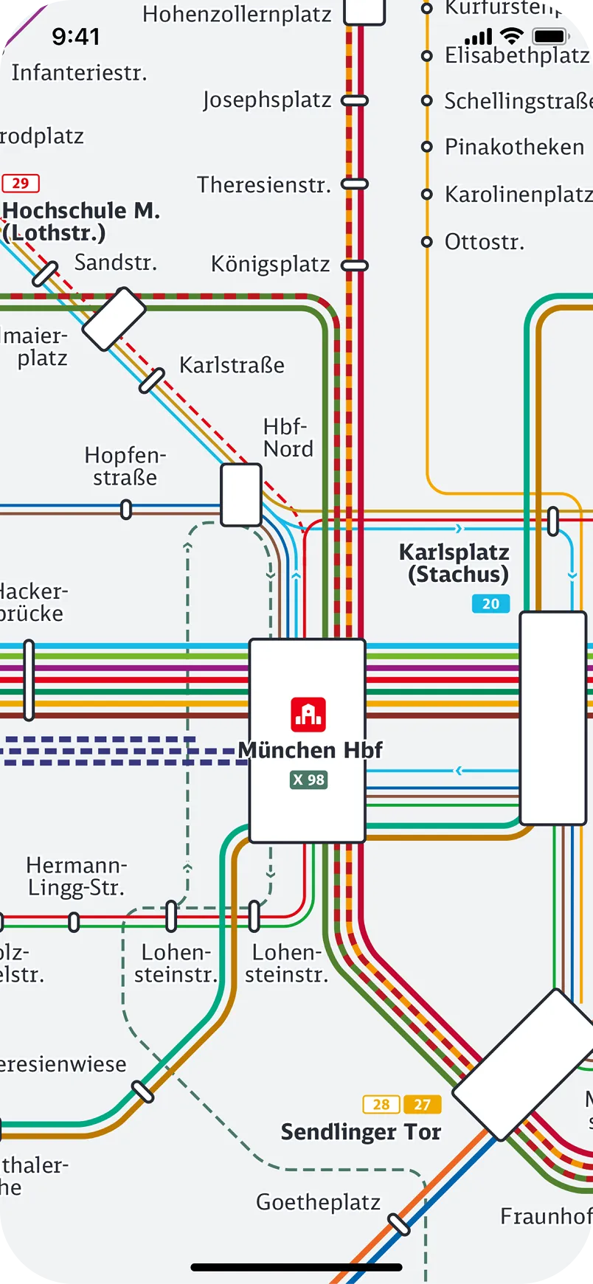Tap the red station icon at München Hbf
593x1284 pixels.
point(308,714)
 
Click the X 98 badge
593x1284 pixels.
point(308,780)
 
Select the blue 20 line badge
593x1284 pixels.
point(490,604)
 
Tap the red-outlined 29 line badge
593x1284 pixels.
point(21,183)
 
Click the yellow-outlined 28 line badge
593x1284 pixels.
point(381,1104)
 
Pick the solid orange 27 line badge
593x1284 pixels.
point(422,1104)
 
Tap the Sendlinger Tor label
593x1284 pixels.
point(361,1132)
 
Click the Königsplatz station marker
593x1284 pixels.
point(355,265)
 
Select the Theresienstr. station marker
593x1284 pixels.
point(355,184)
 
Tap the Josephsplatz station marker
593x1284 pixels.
point(355,100)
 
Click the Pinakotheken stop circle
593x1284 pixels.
point(426,147)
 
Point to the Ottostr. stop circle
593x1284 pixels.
point(426,241)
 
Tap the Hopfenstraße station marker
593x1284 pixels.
point(126,509)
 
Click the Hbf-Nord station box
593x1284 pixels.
point(241,495)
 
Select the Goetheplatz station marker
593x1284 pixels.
point(399,1224)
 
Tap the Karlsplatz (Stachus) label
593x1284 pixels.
point(454,563)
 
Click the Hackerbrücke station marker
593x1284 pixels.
point(29,680)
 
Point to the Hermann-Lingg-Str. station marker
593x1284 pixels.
point(74,922)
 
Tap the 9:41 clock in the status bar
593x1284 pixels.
point(75,36)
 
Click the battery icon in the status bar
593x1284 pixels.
point(550,36)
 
